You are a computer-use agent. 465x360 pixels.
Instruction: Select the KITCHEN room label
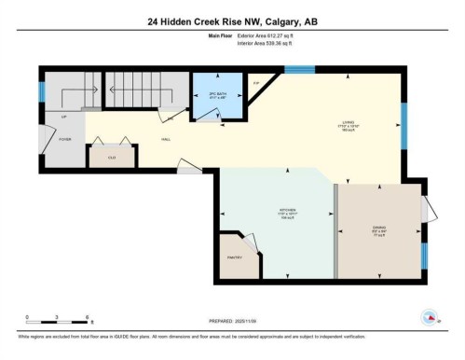tap(276, 213)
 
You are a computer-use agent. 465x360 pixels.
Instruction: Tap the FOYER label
tap(65, 139)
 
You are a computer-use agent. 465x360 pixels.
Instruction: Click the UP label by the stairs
tap(63, 117)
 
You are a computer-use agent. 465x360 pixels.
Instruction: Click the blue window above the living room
tap(299, 68)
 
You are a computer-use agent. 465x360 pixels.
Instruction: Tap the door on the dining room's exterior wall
tap(426, 211)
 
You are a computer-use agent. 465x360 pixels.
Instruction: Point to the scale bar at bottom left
tap(58, 321)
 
